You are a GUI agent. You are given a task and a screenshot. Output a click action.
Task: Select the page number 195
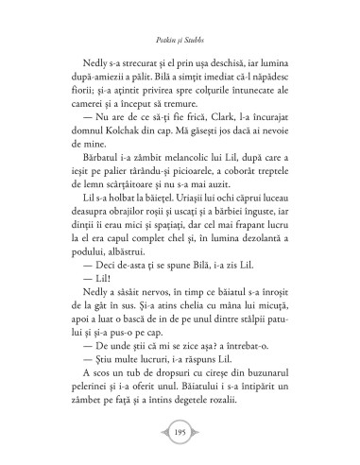pos(180,431)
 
